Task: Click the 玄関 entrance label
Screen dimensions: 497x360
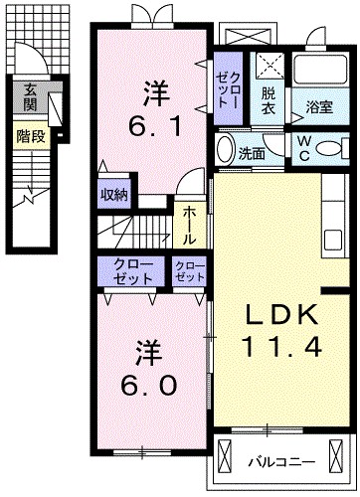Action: click(x=30, y=96)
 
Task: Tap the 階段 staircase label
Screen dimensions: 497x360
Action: click(x=30, y=135)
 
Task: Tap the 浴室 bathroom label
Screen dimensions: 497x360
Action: click(x=319, y=107)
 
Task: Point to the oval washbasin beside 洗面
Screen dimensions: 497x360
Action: click(x=224, y=148)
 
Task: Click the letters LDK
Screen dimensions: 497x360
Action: click(x=281, y=316)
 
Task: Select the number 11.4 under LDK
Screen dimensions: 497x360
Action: click(x=281, y=348)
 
